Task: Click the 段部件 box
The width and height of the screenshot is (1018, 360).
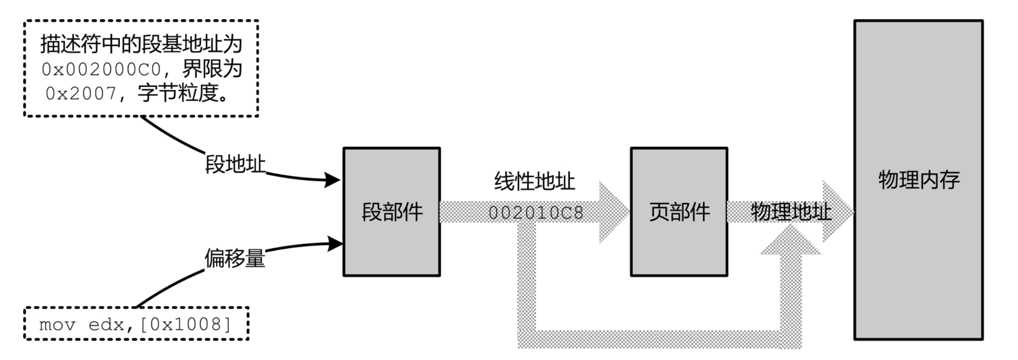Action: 392,212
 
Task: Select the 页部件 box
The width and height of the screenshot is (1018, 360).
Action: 679,212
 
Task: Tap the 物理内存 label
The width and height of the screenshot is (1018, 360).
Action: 919,180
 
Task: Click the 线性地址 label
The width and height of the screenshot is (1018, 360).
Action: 535,181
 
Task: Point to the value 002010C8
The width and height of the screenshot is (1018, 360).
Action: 536,213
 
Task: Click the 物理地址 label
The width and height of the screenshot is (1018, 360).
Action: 791,212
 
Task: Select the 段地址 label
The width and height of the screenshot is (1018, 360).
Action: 235,164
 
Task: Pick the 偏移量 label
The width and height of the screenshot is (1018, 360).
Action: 235,258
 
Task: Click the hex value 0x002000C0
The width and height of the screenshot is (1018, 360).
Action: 101,70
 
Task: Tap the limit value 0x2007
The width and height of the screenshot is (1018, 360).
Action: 81,94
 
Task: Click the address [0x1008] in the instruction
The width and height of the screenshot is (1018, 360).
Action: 185,324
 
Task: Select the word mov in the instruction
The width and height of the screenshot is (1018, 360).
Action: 57,324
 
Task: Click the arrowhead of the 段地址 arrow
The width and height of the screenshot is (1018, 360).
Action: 332,180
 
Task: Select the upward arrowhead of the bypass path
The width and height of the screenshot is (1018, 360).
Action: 790,240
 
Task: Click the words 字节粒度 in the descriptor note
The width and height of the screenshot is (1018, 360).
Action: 178,94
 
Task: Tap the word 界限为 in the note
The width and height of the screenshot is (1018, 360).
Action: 212,70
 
